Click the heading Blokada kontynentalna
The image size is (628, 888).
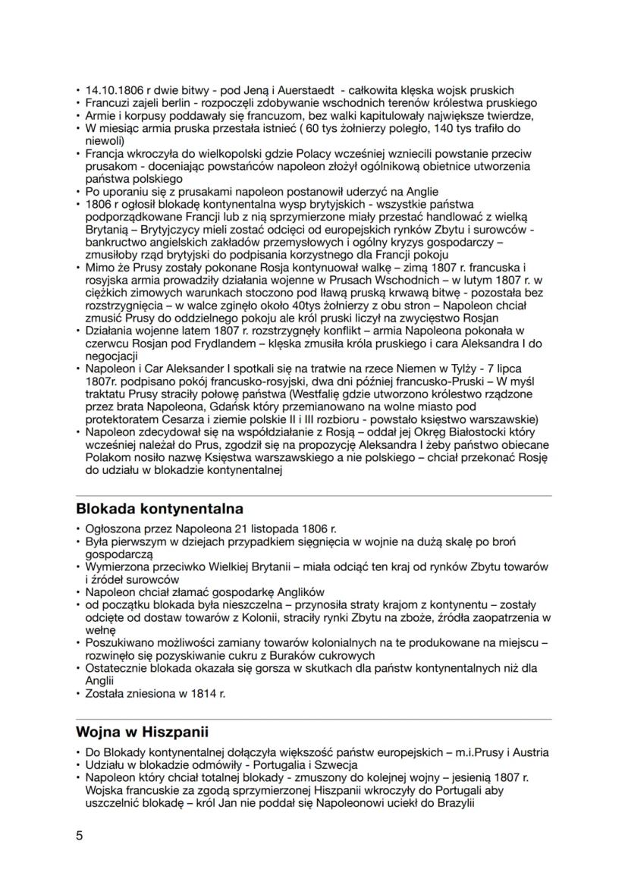pos(159,507)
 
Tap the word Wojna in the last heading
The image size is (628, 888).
pos(99,732)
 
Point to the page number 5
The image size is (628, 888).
pos(80,836)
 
